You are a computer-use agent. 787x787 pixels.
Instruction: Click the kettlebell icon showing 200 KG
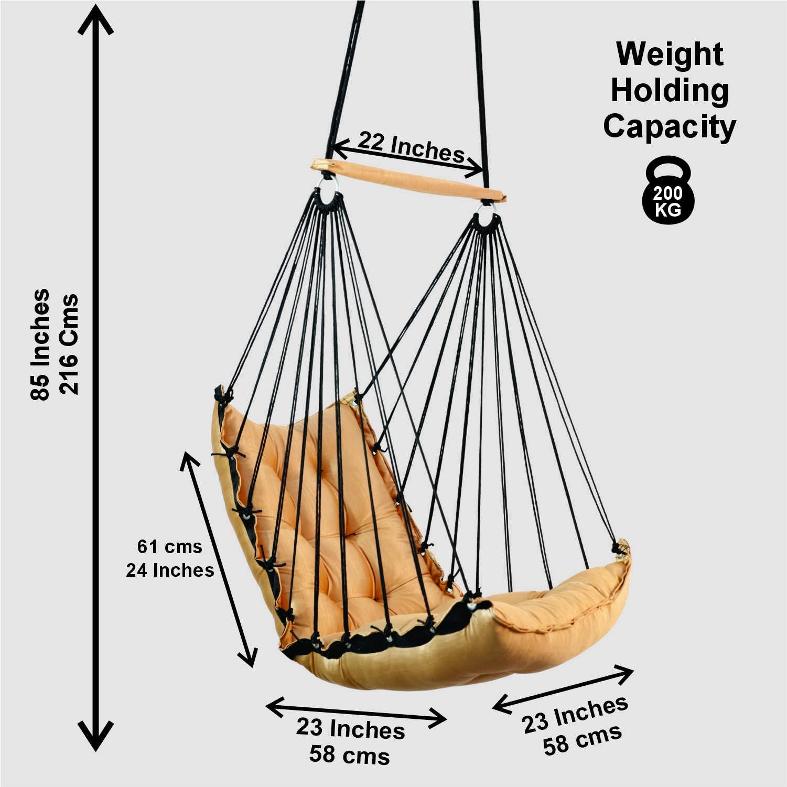tap(667, 193)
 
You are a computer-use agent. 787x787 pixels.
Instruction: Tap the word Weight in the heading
tap(670, 55)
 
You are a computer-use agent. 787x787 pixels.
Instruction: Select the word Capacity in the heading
tap(670, 127)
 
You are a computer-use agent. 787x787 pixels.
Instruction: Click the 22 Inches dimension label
tap(411, 146)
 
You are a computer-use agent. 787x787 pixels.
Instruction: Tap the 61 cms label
tap(169, 547)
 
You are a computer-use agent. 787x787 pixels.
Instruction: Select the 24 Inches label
tap(170, 570)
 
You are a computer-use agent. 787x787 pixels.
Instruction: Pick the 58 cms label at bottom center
tap(349, 755)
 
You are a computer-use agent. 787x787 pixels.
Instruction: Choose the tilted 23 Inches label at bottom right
tap(575, 714)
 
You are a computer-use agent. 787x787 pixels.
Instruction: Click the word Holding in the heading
tap(670, 91)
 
